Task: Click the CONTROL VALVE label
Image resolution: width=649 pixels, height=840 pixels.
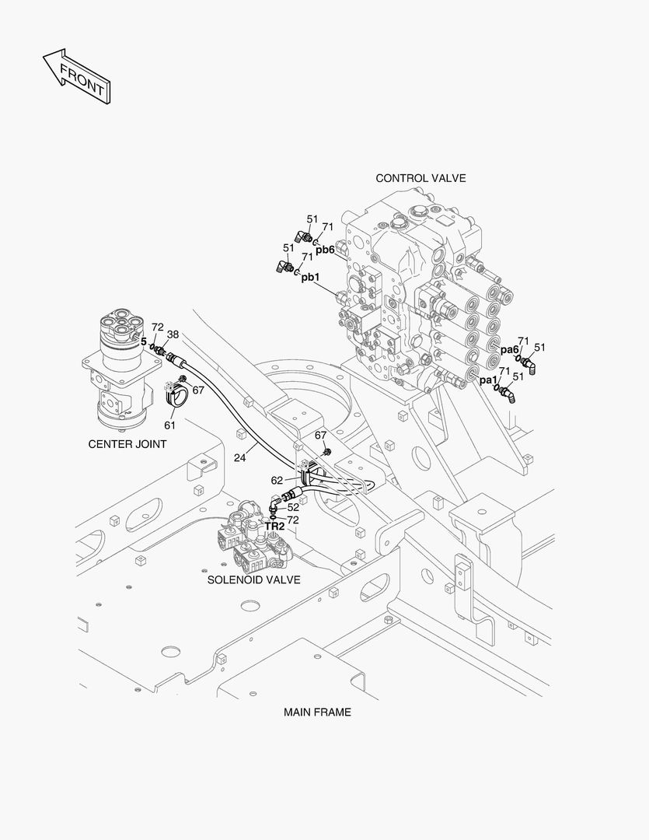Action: (420, 178)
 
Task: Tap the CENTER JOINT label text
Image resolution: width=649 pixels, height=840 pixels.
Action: (127, 445)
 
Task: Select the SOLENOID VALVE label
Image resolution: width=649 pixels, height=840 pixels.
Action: (253, 579)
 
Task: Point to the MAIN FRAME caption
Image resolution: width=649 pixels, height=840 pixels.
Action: (317, 712)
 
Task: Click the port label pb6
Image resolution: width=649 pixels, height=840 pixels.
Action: (325, 250)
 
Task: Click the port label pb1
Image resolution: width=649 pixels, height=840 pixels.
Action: (310, 277)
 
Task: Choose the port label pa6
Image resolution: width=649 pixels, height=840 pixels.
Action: (509, 350)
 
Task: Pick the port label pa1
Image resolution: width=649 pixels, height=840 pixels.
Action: (488, 380)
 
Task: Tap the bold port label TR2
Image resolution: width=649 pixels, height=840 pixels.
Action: (274, 527)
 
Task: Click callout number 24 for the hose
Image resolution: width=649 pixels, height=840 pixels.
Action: (240, 458)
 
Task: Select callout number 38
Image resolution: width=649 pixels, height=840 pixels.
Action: (173, 334)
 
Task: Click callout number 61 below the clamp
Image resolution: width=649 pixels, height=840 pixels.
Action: (169, 425)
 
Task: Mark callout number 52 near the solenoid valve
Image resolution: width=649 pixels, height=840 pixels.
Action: (293, 507)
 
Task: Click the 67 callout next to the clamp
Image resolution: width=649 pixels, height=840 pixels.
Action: (198, 390)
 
